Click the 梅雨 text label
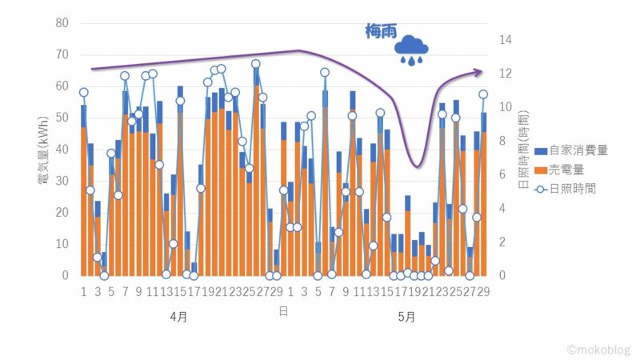(x=377, y=33)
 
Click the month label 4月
(x=179, y=317)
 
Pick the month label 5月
(x=406, y=317)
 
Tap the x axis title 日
(x=283, y=310)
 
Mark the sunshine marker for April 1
(x=83, y=92)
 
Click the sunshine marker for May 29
(x=483, y=94)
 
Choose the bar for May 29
(x=483, y=200)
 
